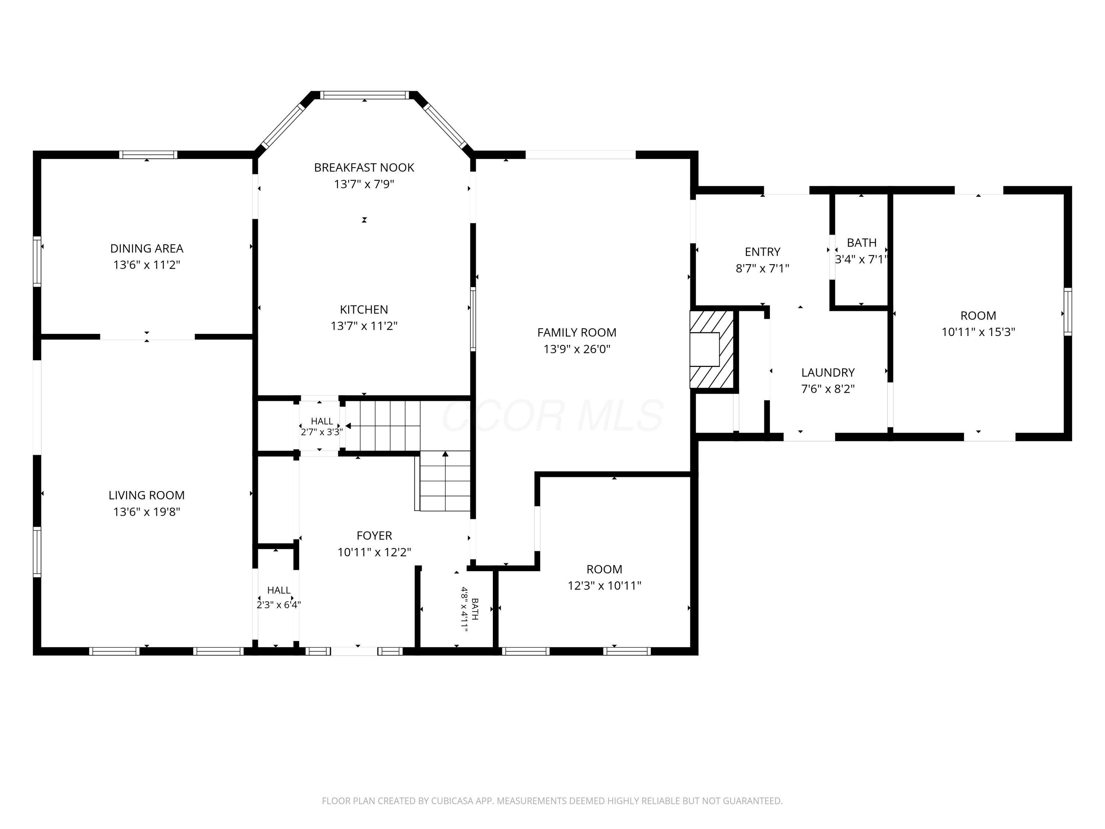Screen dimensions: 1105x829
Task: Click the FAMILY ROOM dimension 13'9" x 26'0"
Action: (576, 349)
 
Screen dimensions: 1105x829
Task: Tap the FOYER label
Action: (374, 536)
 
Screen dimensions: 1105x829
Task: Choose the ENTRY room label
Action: (762, 252)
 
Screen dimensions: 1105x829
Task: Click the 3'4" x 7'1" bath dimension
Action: (861, 259)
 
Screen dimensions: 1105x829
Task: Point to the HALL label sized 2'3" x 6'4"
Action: (279, 590)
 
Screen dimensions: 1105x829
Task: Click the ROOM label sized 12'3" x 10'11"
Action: (604, 569)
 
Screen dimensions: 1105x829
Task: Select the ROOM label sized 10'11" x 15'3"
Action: (978, 316)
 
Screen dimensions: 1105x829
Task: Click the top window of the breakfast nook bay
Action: (364, 95)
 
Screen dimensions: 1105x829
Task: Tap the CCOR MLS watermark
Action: (552, 416)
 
